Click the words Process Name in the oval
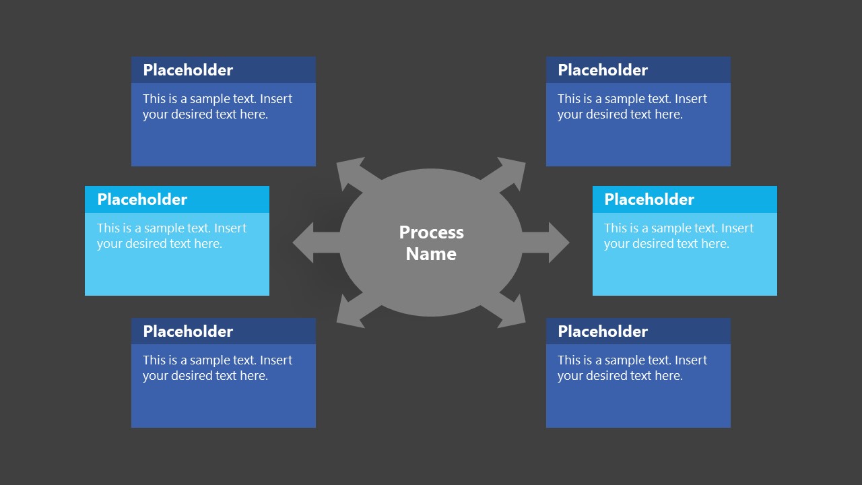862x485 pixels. click(x=431, y=243)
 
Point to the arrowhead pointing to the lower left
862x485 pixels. click(x=349, y=315)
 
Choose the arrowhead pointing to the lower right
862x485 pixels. click(x=513, y=315)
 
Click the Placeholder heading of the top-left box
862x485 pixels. click(x=188, y=70)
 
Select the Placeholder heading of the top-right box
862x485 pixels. click(x=603, y=70)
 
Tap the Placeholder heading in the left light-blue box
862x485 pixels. click(x=142, y=199)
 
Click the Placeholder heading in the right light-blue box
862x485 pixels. click(x=649, y=199)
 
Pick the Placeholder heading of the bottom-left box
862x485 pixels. click(x=188, y=331)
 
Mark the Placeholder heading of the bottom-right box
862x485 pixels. click(x=603, y=331)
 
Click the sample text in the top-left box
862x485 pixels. click(x=217, y=106)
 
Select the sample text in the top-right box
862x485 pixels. click(x=632, y=106)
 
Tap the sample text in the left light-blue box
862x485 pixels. click(x=171, y=236)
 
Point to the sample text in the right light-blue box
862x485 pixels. click(x=678, y=236)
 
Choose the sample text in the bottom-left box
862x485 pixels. click(x=217, y=368)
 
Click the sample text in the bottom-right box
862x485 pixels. click(x=632, y=368)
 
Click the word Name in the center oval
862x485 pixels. click(x=431, y=254)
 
